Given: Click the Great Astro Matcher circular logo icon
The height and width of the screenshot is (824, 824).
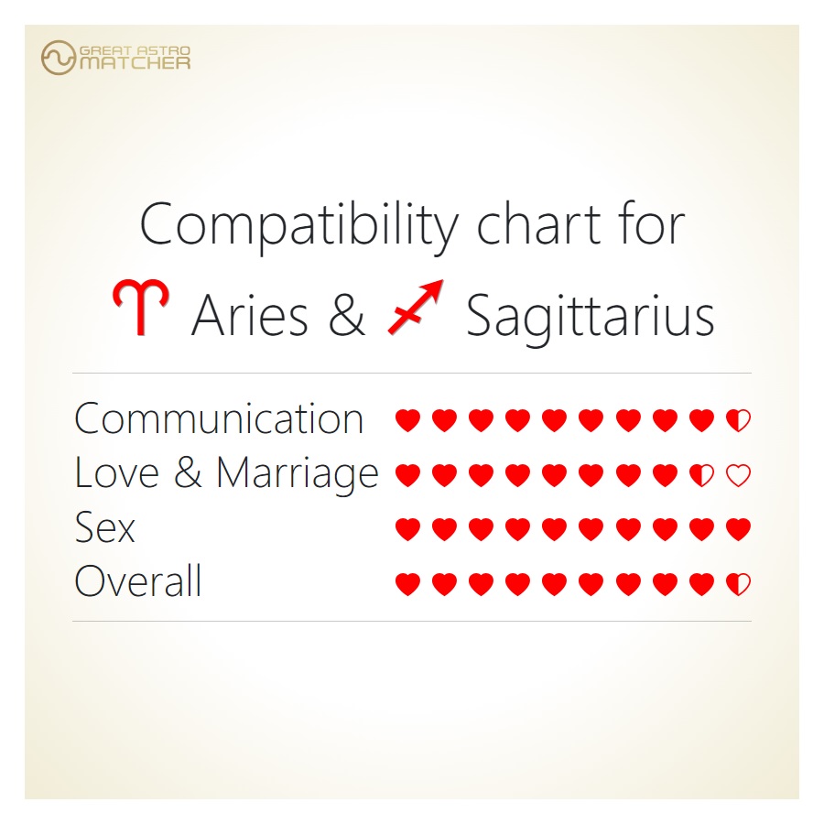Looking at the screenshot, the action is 59,58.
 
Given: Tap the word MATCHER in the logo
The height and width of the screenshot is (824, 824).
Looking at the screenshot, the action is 136,63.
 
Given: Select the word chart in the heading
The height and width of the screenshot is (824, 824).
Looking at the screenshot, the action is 538,224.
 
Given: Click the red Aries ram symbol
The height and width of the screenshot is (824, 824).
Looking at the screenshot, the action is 141,307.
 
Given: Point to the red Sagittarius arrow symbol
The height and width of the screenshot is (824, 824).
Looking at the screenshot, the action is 415,307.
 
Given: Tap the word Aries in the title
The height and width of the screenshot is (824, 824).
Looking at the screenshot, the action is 250,315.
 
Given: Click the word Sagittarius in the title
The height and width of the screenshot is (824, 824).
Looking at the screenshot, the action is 591,318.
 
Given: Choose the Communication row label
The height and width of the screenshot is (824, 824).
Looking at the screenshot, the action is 219,418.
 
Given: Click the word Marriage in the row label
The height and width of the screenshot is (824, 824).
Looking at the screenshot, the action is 298,474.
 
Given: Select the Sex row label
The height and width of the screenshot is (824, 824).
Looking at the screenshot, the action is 105,527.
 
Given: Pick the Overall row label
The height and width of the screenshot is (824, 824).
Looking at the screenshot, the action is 138,580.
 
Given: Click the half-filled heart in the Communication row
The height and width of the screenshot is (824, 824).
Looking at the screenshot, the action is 738,420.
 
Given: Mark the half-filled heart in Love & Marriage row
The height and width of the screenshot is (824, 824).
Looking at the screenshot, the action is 701,475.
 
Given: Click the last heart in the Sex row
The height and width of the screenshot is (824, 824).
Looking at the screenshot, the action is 738,529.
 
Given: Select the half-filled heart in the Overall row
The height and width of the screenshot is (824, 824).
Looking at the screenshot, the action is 738,584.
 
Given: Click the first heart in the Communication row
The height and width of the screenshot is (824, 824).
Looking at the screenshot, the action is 407,420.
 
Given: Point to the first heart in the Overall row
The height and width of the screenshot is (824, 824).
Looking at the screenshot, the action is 407,584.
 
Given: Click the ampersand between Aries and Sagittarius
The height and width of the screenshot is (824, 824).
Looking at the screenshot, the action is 347,315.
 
